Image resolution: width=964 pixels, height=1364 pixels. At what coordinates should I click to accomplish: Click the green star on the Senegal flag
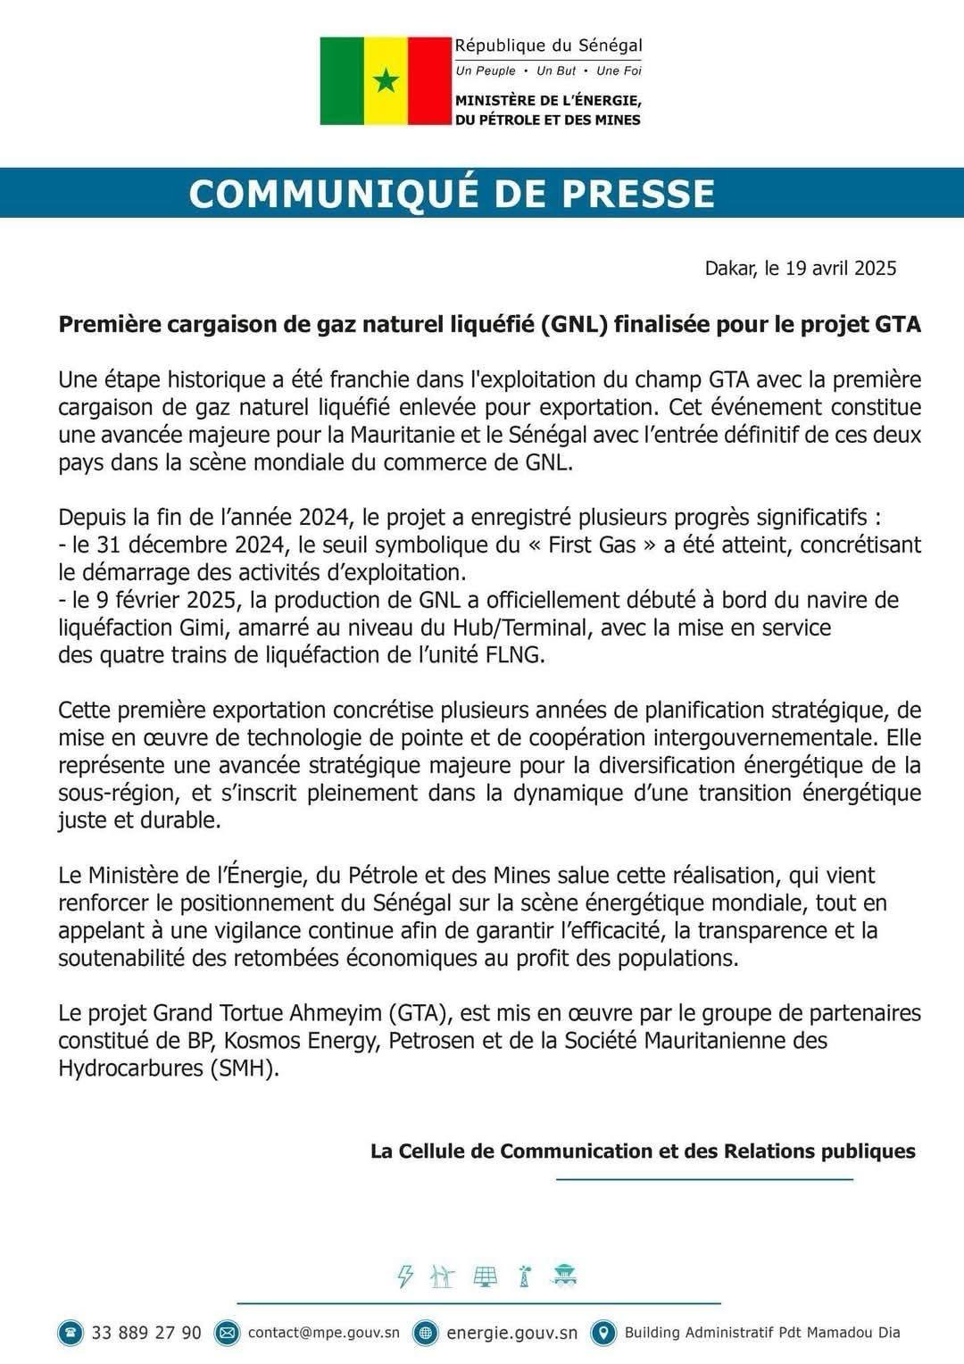(x=386, y=81)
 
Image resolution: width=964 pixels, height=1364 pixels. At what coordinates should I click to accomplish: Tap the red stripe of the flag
(x=429, y=81)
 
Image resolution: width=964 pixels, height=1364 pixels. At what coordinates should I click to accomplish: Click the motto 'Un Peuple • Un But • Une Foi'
(x=548, y=71)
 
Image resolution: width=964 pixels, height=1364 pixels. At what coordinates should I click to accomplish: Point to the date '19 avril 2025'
(x=841, y=269)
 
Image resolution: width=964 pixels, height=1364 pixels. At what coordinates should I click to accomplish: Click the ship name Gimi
(x=161, y=628)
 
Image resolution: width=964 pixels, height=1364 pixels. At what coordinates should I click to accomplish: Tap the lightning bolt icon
(x=405, y=1277)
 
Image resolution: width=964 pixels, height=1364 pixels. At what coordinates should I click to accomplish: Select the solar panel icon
(x=485, y=1277)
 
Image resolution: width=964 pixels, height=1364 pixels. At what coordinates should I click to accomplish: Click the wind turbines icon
(x=442, y=1277)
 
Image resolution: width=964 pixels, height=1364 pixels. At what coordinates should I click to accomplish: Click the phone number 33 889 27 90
(x=146, y=1333)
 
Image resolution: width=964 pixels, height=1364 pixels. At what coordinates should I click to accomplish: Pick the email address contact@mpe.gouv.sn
(x=323, y=1333)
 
